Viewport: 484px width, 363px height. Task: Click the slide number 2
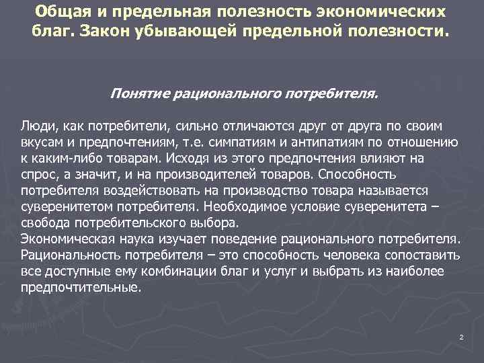(461, 337)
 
